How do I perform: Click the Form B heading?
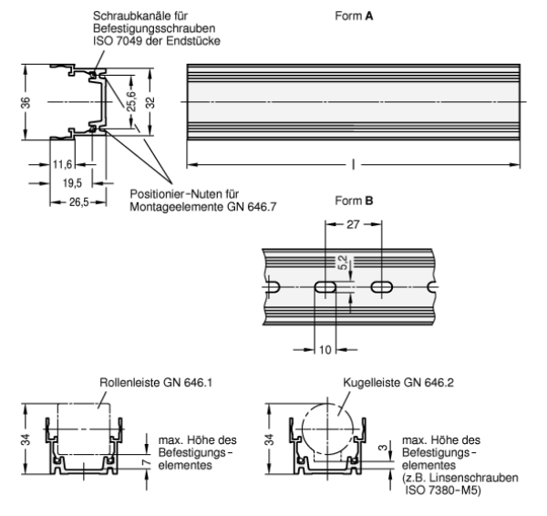[x=354, y=199]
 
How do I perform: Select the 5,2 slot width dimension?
[x=342, y=264]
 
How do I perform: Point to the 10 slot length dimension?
[x=326, y=348]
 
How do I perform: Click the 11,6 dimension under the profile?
[x=62, y=165]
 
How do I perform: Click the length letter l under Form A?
[x=353, y=165]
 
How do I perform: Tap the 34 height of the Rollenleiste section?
[x=25, y=441]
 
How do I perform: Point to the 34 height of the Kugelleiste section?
[x=269, y=441]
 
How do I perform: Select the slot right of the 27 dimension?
[x=381, y=287]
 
